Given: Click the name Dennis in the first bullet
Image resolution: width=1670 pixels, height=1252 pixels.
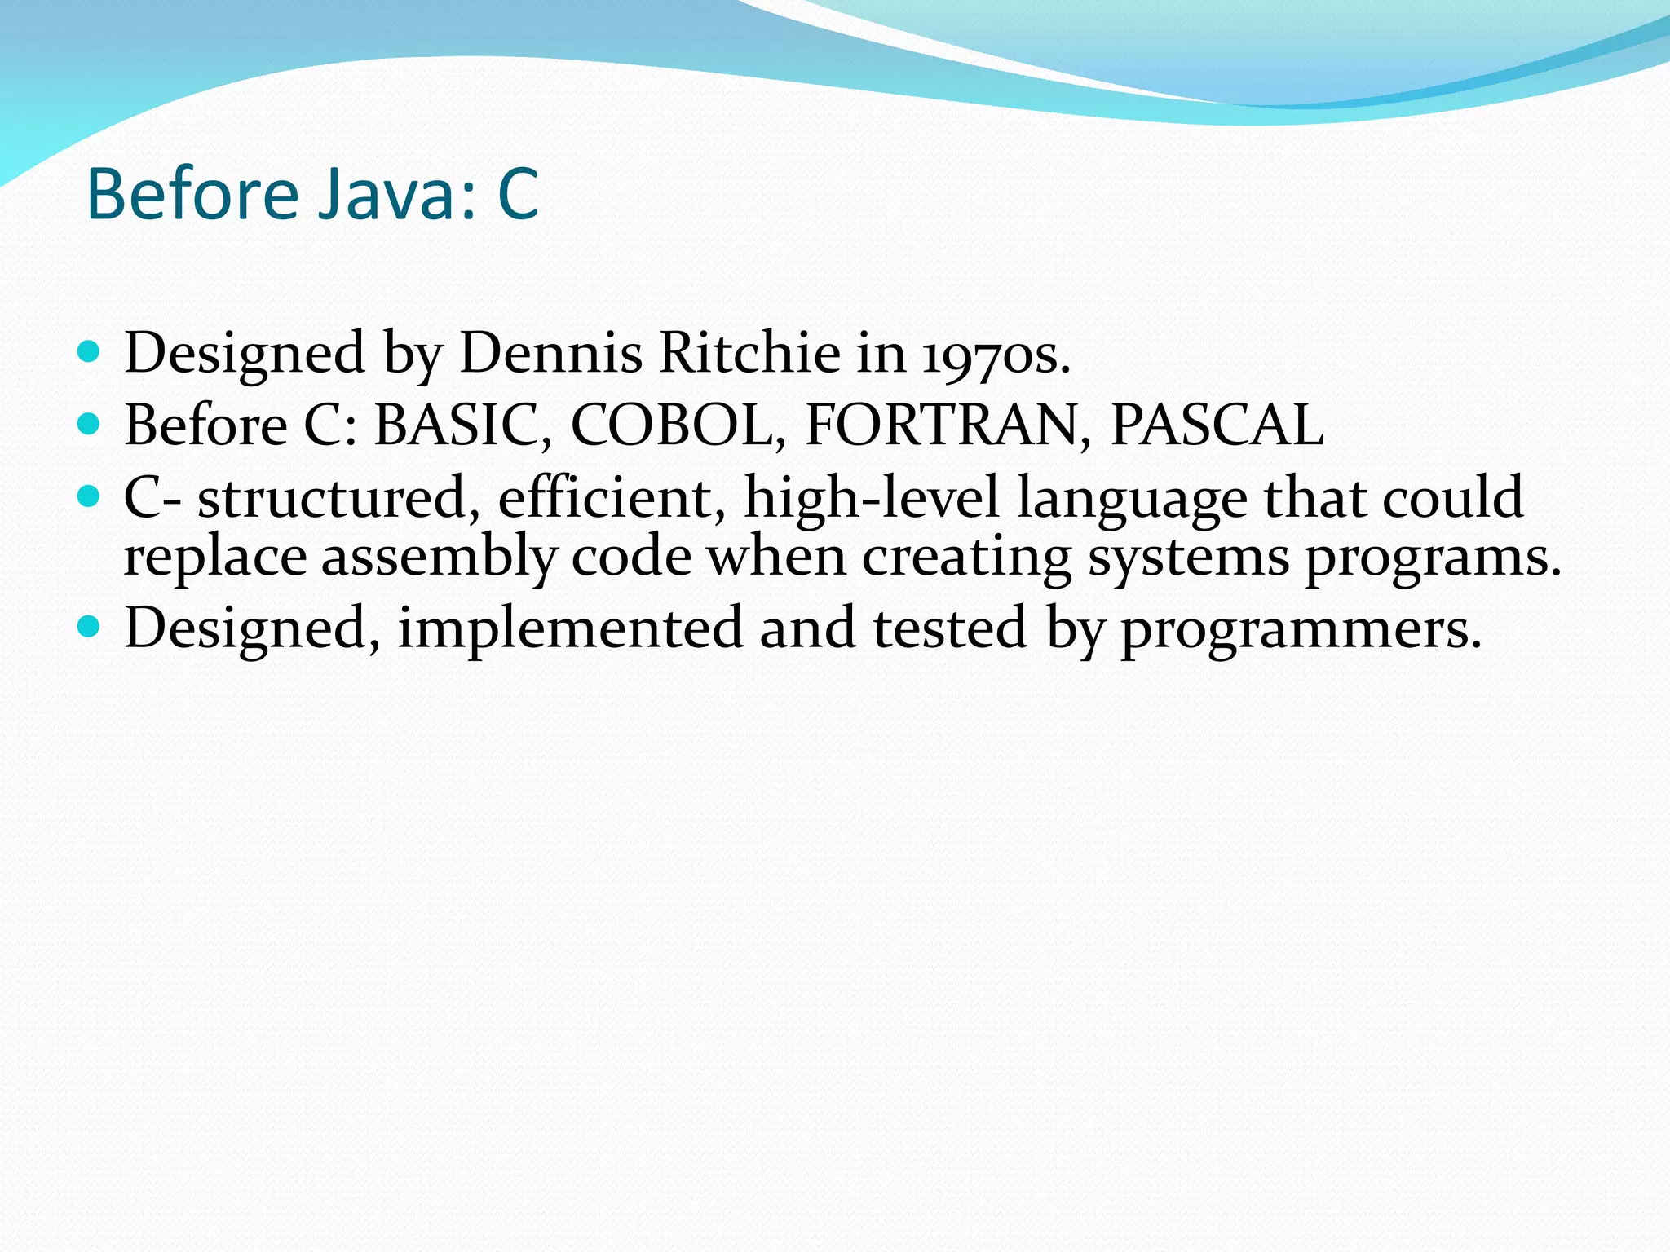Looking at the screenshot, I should tap(551, 354).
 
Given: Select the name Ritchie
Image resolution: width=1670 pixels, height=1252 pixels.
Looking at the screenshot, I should tap(749, 354).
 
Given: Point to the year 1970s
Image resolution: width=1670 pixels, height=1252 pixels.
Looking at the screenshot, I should tap(996, 357).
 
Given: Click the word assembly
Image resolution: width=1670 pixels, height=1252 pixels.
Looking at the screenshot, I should tap(438, 559).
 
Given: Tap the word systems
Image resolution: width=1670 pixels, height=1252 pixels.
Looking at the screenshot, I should tap(1188, 559).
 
